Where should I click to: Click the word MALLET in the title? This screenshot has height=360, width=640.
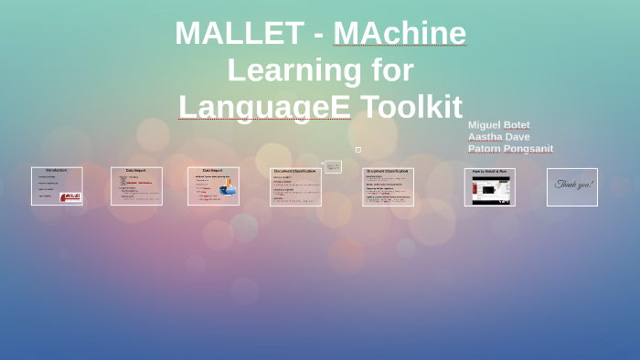[x=240, y=34]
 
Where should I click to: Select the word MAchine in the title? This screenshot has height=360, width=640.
[x=400, y=34]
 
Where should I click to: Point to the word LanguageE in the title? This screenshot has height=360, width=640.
[x=264, y=107]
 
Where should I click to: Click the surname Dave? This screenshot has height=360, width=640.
[x=518, y=137]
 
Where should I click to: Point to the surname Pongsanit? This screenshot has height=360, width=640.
[x=530, y=149]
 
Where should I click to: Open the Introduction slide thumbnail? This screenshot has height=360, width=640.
[x=57, y=185]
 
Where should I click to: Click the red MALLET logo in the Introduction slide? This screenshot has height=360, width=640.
[x=70, y=196]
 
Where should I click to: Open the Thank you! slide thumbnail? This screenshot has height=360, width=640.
[x=572, y=186]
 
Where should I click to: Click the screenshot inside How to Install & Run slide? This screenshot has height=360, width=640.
[x=489, y=189]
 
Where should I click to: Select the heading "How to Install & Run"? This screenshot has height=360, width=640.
[x=489, y=172]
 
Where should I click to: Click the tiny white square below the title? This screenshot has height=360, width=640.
[x=358, y=149]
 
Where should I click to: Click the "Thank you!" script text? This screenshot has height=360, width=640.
[x=573, y=185]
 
